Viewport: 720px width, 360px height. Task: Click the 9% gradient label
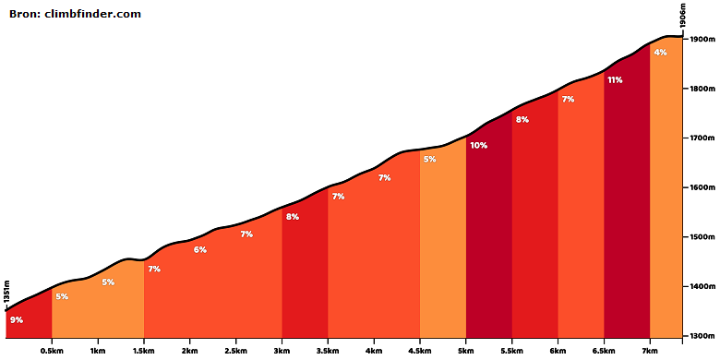[x=17, y=320]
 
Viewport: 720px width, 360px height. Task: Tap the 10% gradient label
[x=478, y=146]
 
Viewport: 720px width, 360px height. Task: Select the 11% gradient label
[x=615, y=80]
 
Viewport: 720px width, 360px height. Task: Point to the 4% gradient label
[x=660, y=53]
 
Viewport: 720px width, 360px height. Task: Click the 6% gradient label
[x=200, y=250]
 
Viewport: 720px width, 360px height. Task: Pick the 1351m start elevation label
[x=6, y=292]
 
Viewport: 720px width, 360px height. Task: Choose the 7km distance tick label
[x=650, y=351]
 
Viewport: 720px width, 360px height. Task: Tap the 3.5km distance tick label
[x=328, y=351]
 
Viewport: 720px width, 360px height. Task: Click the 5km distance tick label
[x=466, y=351]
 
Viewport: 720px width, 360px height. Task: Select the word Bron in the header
[x=24, y=14]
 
